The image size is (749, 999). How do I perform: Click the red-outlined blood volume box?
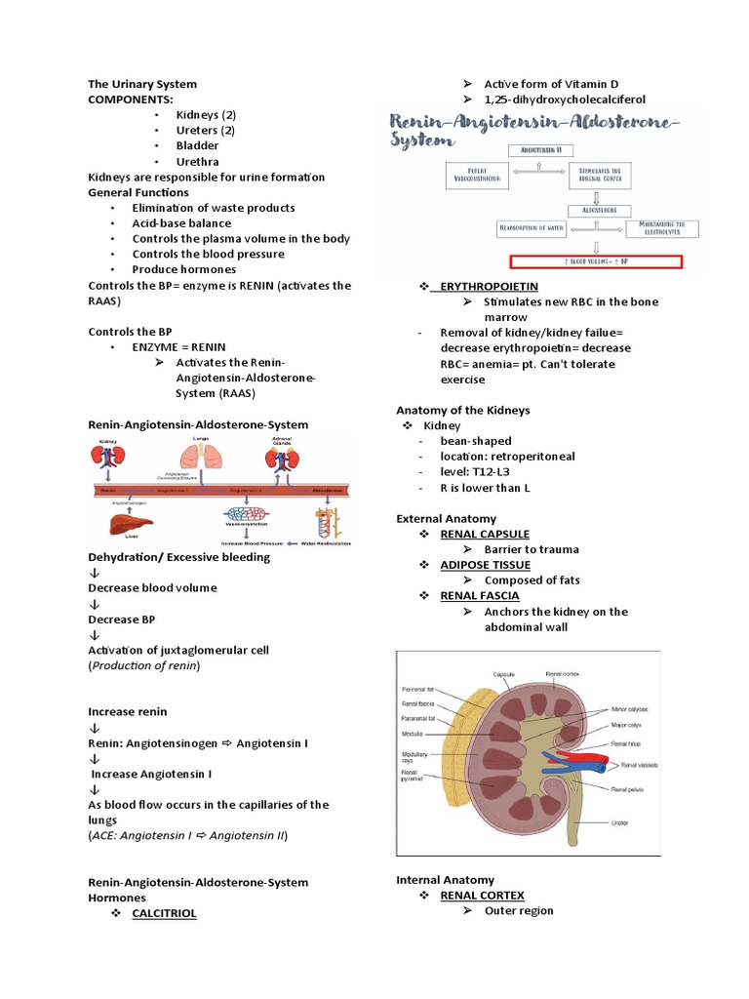pyautogui.click(x=596, y=260)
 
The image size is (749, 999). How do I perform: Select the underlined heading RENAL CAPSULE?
pyautogui.click(x=485, y=534)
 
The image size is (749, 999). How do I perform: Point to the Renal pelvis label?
pyautogui.click(x=628, y=787)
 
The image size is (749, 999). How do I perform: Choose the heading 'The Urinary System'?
pyautogui.click(x=142, y=84)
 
